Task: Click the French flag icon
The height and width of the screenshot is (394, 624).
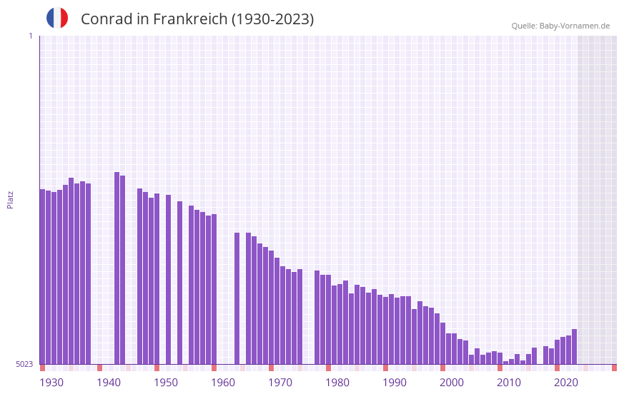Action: (x=57, y=18)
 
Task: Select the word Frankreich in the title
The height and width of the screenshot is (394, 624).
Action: (x=191, y=19)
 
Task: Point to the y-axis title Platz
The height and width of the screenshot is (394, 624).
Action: (x=10, y=199)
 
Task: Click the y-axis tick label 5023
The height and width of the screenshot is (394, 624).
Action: (x=24, y=364)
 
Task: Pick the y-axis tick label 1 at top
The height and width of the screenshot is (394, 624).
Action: (x=30, y=36)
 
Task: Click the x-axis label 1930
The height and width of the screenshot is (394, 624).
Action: (x=51, y=383)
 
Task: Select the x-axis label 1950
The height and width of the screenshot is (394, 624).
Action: (x=166, y=383)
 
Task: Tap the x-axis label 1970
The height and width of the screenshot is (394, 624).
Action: (x=280, y=383)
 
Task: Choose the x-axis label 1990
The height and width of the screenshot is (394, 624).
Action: (x=395, y=383)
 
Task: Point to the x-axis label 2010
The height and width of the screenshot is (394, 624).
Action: (x=509, y=383)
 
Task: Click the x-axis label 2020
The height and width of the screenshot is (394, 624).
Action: (x=566, y=383)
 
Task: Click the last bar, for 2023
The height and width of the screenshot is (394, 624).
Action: (x=574, y=346)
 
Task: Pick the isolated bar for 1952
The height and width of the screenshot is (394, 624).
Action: (x=168, y=279)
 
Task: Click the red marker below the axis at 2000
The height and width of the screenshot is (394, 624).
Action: (x=442, y=368)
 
